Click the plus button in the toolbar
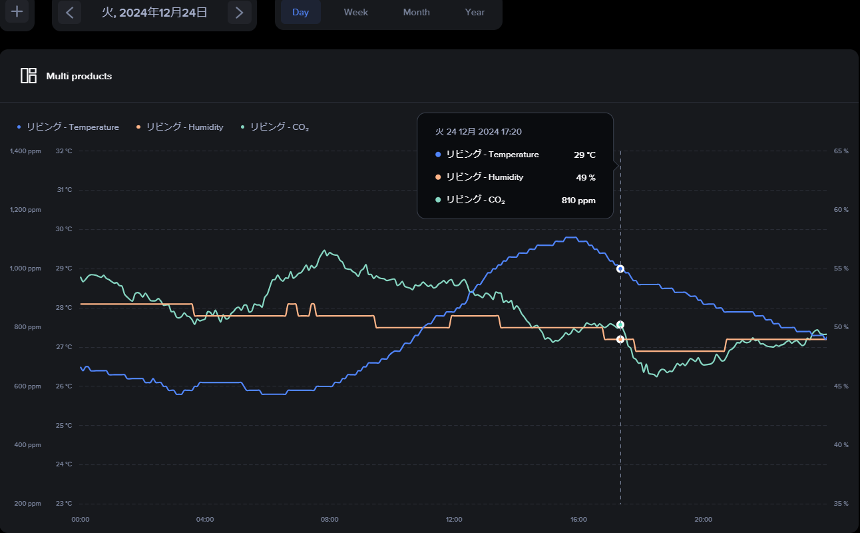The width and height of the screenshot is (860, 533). [x=17, y=12]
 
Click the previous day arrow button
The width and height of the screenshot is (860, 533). [x=69, y=13]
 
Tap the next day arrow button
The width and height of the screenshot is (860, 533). [x=239, y=13]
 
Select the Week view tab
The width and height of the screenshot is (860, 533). [x=356, y=12]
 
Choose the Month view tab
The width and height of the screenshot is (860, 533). [x=416, y=12]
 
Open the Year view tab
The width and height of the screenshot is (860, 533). [x=475, y=12]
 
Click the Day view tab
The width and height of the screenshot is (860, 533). [x=301, y=12]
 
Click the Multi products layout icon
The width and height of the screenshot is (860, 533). [x=29, y=76]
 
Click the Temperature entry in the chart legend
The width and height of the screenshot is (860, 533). [x=69, y=127]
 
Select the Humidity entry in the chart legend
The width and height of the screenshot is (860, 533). [x=180, y=127]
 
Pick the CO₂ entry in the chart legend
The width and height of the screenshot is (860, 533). [x=275, y=127]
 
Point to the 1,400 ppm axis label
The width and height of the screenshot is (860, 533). [x=25, y=151]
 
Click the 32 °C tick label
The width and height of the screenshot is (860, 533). [x=64, y=151]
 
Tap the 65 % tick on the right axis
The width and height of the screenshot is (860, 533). [x=841, y=151]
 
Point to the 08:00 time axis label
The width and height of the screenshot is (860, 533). [x=329, y=520]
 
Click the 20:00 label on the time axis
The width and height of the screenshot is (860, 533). [x=703, y=520]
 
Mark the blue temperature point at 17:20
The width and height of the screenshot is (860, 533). [x=620, y=269]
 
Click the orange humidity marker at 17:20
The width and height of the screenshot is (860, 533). [x=620, y=339]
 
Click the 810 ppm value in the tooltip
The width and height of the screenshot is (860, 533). [x=578, y=201]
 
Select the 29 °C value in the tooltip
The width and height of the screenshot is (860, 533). [x=584, y=155]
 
